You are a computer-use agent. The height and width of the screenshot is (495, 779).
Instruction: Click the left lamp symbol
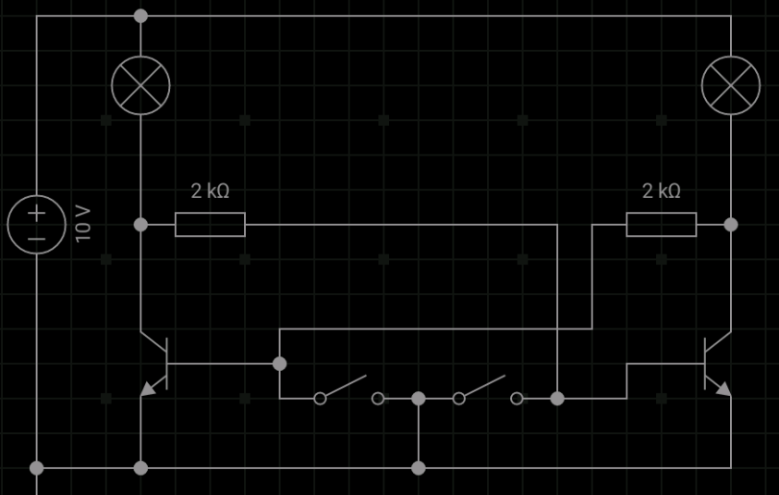140,85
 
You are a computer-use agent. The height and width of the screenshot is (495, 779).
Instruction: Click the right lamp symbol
731,85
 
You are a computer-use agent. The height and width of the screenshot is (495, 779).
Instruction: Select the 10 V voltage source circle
37,225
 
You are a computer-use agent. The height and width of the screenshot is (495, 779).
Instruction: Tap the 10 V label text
83,224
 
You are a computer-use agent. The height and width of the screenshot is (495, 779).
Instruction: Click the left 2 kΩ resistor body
210,224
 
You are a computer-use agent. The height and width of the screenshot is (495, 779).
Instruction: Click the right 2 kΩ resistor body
662,224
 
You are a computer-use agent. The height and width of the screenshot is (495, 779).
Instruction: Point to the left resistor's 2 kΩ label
210,191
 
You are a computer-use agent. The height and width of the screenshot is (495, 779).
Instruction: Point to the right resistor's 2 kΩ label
662,191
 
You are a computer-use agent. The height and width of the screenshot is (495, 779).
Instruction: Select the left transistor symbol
155,364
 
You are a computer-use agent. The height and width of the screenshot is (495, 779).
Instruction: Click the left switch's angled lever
347,386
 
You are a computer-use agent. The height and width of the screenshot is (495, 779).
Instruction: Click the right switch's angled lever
485,386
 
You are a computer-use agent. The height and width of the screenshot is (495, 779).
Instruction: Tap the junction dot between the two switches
419,399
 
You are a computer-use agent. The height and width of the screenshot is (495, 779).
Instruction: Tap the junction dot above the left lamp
140,16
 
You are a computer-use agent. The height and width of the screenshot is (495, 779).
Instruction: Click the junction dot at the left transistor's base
280,364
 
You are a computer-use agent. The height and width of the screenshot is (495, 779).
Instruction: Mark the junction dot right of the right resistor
731,225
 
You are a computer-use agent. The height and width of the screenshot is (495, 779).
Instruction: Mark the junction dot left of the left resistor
140,225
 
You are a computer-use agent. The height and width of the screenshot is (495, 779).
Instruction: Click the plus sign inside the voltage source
37,214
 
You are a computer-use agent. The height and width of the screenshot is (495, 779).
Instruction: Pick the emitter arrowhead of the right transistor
724,389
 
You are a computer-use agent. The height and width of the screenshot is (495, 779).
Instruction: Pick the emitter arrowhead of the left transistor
147,389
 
